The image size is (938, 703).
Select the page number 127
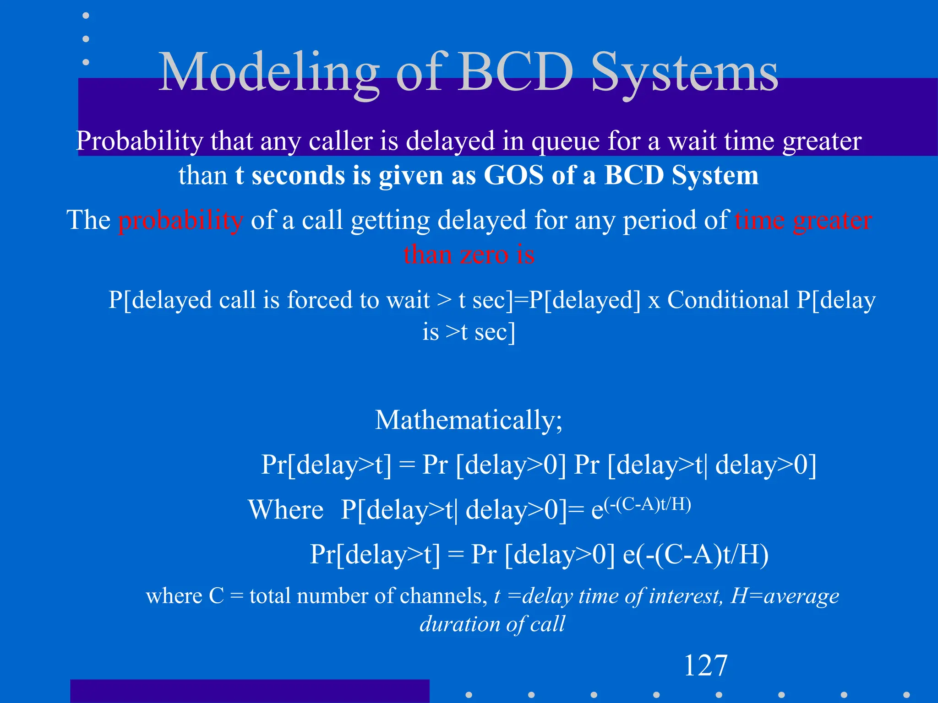(705, 665)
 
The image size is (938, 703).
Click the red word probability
(180, 221)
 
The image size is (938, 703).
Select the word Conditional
(728, 300)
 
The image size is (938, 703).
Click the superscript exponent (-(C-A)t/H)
(647, 504)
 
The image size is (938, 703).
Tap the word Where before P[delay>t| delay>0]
(286, 510)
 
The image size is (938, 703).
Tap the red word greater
(832, 221)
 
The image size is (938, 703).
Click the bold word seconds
(299, 175)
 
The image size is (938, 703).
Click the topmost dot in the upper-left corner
(86, 16)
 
